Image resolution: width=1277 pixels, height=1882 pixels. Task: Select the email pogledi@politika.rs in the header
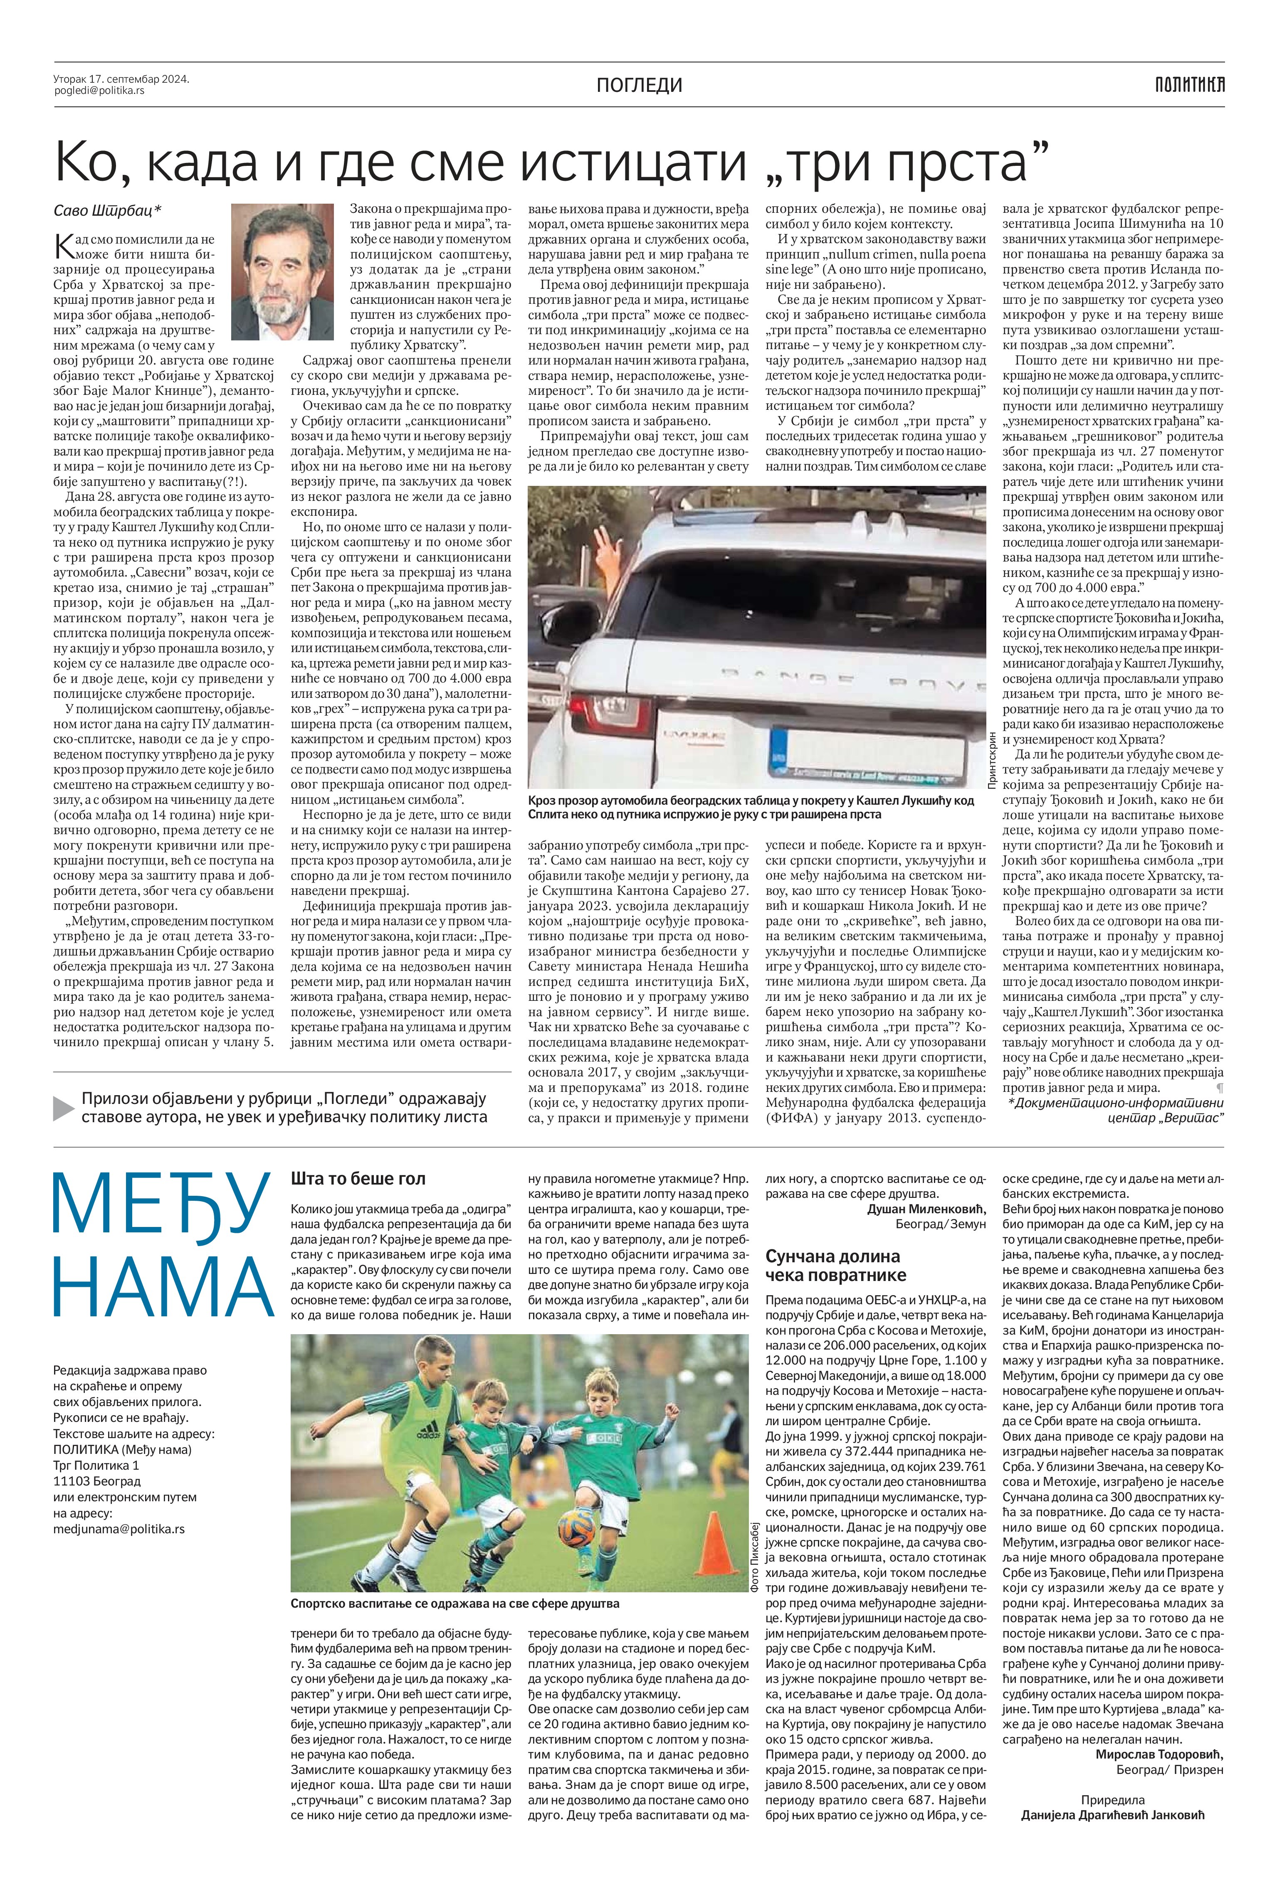tap(99, 91)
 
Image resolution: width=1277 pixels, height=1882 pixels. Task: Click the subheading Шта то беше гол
tap(358, 1178)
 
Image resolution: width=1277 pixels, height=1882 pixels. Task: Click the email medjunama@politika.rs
tap(118, 1529)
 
